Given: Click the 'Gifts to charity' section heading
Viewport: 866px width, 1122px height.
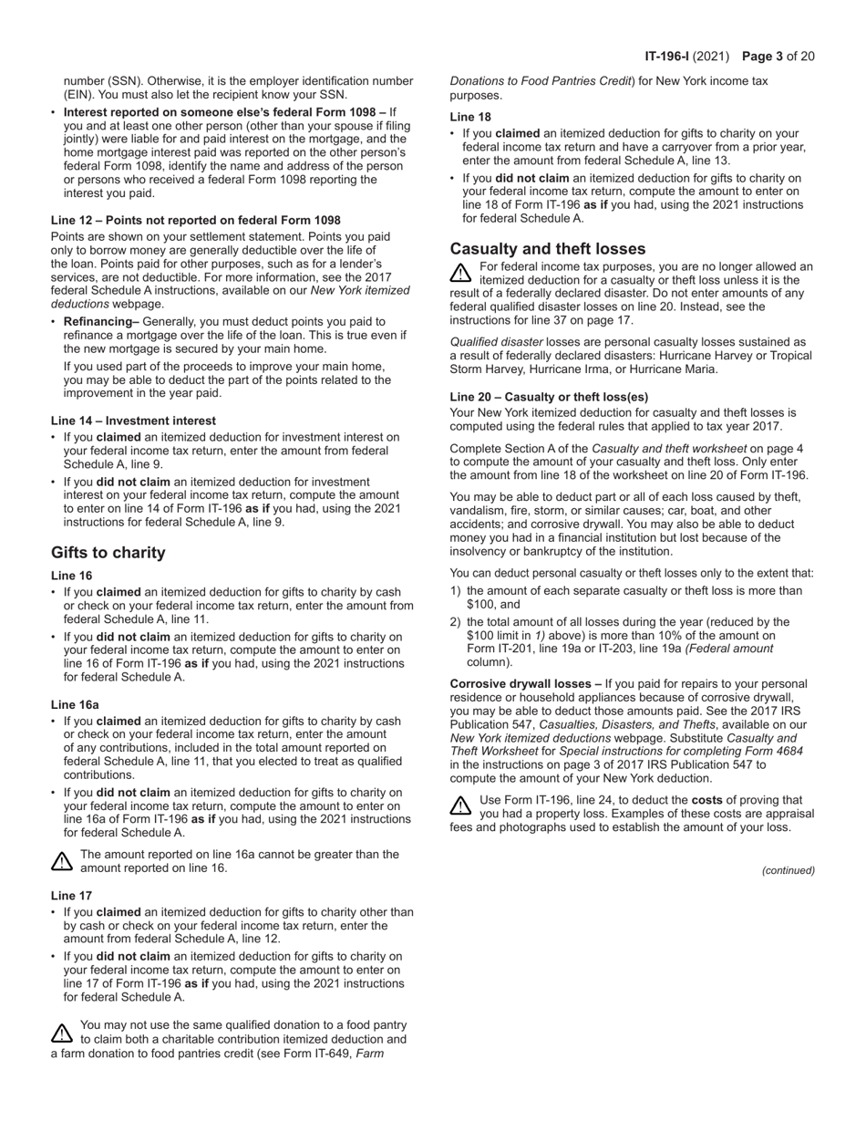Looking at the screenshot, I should (108, 553).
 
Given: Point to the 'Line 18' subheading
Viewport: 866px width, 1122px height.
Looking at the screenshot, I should (470, 117).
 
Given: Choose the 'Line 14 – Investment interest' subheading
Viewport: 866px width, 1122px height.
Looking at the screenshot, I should (133, 421).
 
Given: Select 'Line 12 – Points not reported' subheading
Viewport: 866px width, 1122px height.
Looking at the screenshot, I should (196, 221).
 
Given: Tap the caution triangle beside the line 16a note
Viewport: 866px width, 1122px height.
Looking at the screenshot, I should (62, 861).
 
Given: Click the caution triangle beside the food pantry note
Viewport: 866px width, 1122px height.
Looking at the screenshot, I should (62, 1033).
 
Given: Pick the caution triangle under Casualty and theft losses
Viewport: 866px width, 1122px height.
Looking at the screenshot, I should (461, 273).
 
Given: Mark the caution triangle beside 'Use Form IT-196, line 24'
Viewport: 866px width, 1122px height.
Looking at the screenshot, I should (461, 806).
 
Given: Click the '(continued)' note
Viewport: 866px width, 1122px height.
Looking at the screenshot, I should (789, 870).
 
